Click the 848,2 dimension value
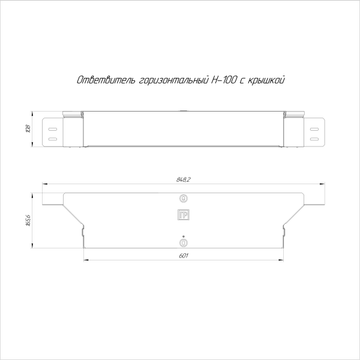point(184,179)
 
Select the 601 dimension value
point(184,256)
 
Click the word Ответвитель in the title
point(98,80)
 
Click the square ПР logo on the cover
point(184,215)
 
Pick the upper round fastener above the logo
point(184,199)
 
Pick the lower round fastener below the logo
point(184,242)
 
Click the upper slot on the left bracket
point(52,127)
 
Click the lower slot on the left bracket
point(52,139)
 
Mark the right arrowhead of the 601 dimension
point(282,260)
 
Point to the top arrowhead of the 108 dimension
point(32,113)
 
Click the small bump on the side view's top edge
point(184,111)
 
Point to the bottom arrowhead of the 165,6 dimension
point(32,246)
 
